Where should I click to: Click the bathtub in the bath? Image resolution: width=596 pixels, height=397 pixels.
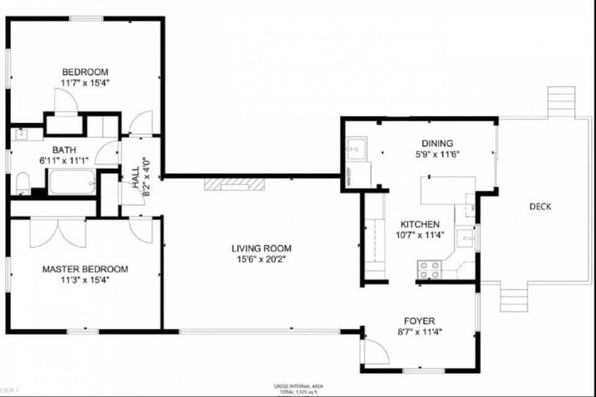click(71, 183)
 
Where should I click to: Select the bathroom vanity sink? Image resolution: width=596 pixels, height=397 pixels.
click(22, 133)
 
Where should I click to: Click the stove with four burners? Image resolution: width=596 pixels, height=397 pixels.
click(428, 269)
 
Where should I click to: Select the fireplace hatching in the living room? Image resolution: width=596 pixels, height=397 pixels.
click(235, 184)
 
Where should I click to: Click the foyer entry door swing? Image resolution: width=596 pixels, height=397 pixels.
click(374, 352)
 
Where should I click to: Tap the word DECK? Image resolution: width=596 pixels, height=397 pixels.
click(540, 207)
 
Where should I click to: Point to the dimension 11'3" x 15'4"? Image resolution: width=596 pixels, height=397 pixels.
click(85, 280)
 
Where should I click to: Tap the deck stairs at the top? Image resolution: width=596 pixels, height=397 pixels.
click(561, 102)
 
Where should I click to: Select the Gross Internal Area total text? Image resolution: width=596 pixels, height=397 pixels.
click(298, 388)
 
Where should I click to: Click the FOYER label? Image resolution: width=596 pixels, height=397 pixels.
click(419, 321)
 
